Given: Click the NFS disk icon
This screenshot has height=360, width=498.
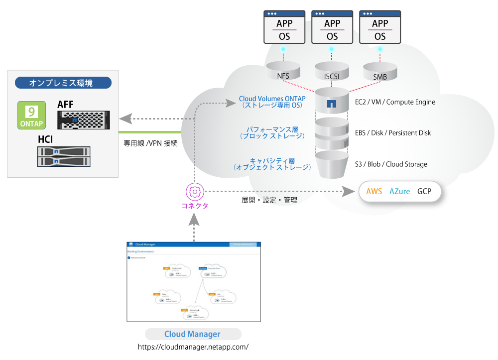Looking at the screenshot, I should coord(283,71).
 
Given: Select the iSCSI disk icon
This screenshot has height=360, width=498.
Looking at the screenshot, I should coord(332,71).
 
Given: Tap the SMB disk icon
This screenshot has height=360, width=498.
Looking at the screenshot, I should coord(380,71).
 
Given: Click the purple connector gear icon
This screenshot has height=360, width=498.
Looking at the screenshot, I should coord(195,192).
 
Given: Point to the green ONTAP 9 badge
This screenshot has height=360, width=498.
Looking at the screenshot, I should coord(31,115).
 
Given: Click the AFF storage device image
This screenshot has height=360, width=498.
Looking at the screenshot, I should coord(84,120).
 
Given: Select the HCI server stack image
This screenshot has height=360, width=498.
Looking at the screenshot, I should coord(64,156).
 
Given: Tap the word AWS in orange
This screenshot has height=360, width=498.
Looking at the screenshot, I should coord(374,192).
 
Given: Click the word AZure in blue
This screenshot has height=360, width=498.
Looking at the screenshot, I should coord(399,192).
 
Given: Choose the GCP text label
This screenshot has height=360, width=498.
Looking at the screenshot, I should coord(424,192).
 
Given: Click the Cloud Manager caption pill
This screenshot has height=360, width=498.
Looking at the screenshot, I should coord(193,334).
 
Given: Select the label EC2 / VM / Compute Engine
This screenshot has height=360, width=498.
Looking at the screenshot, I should coord(395,102).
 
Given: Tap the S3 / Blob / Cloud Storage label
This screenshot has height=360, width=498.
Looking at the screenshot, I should coord(391,164).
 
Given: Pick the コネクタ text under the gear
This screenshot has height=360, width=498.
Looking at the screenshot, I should coord(195,206).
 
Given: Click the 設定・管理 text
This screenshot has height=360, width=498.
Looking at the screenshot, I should coord(280,200).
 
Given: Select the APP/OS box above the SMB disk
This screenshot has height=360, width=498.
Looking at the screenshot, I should coord(380,27).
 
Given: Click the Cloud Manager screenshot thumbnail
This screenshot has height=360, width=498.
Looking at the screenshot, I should coord(194,281).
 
